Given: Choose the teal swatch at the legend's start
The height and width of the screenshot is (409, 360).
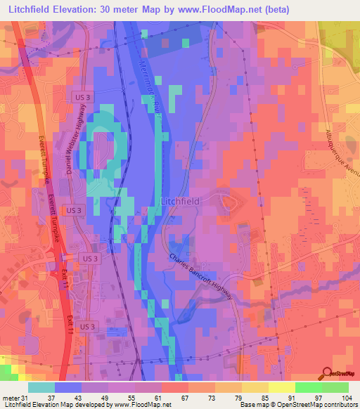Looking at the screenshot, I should coord(41,387).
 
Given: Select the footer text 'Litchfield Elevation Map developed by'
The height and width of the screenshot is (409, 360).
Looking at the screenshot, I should coord(52,404).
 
